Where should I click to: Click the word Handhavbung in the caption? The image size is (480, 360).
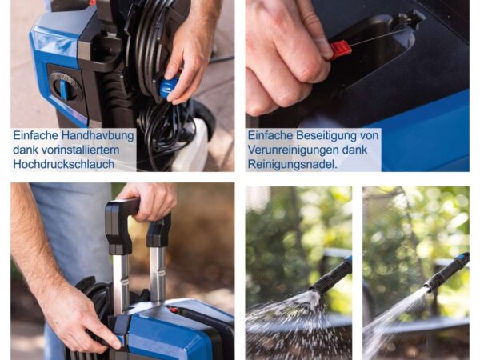(98, 135)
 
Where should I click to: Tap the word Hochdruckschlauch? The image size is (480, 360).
(64, 164)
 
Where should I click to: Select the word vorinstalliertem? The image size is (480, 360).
(80, 150)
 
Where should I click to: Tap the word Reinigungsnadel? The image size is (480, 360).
(292, 164)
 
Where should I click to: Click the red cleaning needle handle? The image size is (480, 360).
(341, 50)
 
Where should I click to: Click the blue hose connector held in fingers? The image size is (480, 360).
(169, 88)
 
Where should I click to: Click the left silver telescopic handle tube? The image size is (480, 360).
(121, 278)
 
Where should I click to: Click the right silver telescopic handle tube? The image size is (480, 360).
(158, 273)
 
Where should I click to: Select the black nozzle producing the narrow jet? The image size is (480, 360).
(447, 271)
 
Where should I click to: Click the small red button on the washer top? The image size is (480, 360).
(174, 310)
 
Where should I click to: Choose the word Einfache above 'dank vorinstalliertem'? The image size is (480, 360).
(35, 135)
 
